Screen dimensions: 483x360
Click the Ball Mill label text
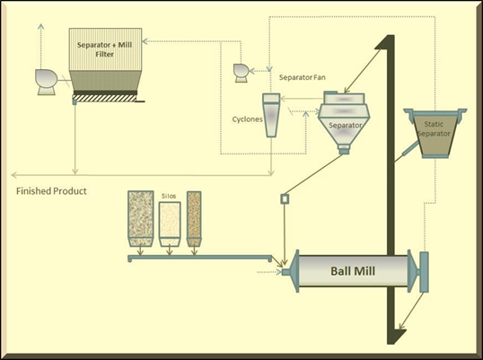click(x=353, y=271)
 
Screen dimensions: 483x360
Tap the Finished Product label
click(x=51, y=191)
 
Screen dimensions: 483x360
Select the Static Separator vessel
click(x=435, y=133)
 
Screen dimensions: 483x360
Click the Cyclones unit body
click(x=271, y=115)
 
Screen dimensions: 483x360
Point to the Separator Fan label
click(x=303, y=77)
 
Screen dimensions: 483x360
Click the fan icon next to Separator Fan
click(x=241, y=73)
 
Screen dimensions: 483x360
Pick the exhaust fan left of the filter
click(x=46, y=82)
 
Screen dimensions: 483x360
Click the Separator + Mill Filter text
click(x=105, y=49)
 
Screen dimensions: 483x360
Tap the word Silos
click(x=169, y=196)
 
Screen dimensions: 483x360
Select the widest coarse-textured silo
click(x=140, y=219)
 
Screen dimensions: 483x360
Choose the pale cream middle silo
click(x=170, y=224)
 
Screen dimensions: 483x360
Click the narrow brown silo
click(x=194, y=219)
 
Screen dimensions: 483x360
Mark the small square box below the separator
click(x=285, y=199)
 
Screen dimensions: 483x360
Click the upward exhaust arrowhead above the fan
click(x=40, y=26)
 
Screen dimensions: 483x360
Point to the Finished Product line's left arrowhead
click(x=14, y=175)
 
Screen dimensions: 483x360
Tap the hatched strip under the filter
click(x=105, y=98)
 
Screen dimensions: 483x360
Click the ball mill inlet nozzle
click(x=285, y=272)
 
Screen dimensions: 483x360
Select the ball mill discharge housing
click(x=424, y=272)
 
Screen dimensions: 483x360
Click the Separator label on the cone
click(x=345, y=126)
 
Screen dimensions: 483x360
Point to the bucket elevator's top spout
click(x=381, y=42)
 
